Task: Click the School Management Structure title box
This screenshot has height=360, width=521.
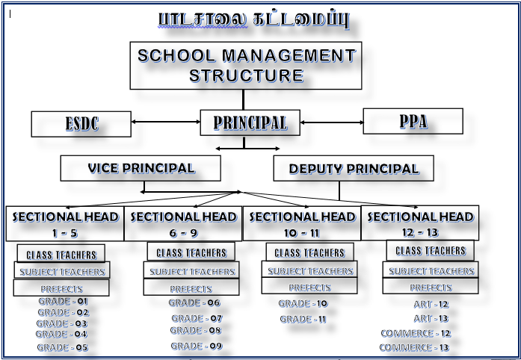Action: pyautogui.click(x=246, y=65)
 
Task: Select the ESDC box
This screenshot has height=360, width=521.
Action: pyautogui.click(x=81, y=124)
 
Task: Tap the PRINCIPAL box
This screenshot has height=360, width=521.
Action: pyautogui.click(x=250, y=122)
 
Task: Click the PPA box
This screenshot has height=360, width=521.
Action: pyautogui.click(x=413, y=121)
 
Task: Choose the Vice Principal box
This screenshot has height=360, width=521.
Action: pyautogui.click(x=141, y=168)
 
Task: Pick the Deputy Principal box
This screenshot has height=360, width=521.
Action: pyautogui.click(x=354, y=169)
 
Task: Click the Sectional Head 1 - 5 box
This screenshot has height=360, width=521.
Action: pyautogui.click(x=65, y=223)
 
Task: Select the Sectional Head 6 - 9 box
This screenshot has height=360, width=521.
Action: pyautogui.click(x=183, y=223)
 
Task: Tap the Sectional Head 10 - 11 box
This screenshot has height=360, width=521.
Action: pyautogui.click(x=302, y=223)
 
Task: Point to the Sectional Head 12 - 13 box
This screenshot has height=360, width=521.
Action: pyautogui.click(x=420, y=223)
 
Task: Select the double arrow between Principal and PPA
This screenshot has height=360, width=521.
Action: pyautogui.click(x=330, y=121)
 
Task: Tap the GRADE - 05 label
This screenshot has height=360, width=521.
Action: pyautogui.click(x=63, y=347)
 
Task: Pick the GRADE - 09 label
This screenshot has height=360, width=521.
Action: pyautogui.click(x=196, y=346)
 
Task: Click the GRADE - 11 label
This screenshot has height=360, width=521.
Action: pyautogui.click(x=303, y=319)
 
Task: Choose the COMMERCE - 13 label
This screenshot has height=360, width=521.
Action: pyautogui.click(x=415, y=347)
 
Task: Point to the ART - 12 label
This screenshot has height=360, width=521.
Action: pyautogui.click(x=431, y=304)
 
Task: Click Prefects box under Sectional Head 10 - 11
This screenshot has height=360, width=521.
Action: pyautogui.click(x=309, y=287)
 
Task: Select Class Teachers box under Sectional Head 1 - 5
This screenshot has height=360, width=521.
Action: pyautogui.click(x=61, y=255)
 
